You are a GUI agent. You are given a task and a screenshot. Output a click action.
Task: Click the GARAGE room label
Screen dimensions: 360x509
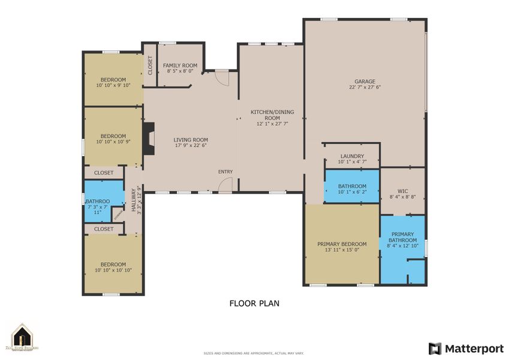(365, 82)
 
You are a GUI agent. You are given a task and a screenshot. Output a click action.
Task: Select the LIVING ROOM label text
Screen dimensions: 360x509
(191, 139)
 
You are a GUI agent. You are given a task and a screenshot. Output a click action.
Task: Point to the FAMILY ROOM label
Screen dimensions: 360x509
(180, 65)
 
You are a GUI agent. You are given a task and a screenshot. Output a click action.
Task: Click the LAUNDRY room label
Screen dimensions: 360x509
(352, 156)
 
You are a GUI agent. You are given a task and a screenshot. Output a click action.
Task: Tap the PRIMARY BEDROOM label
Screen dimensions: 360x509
(342, 244)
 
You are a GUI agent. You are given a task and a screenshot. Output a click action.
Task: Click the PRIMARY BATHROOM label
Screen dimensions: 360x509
(402, 237)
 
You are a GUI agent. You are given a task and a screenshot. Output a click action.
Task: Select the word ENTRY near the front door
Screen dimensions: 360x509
(225, 172)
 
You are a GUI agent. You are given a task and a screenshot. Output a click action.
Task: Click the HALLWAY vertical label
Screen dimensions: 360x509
(134, 199)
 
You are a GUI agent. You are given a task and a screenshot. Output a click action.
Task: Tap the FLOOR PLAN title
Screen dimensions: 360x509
(254, 304)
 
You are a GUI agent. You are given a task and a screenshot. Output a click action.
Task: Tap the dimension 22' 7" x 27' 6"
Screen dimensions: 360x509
(365, 88)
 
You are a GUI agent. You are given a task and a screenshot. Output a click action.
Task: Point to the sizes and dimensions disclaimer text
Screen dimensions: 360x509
(254, 353)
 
